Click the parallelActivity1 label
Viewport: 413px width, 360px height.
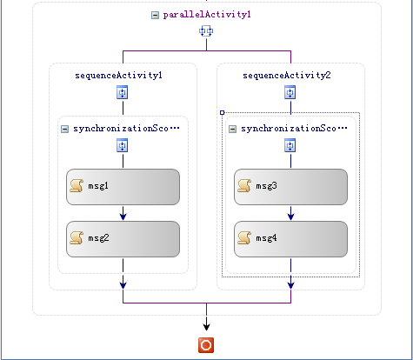click(207, 15)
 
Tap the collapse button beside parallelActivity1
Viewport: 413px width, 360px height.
click(155, 15)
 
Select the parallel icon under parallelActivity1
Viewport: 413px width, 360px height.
click(206, 30)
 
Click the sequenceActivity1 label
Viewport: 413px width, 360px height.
click(118, 76)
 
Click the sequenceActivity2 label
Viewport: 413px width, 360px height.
click(287, 76)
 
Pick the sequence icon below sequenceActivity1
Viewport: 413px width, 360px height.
click(123, 92)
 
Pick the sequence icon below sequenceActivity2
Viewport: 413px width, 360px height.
click(290, 92)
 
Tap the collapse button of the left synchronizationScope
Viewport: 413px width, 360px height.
click(64, 129)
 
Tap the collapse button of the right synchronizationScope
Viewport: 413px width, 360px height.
click(232, 129)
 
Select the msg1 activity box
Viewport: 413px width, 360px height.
click(123, 187)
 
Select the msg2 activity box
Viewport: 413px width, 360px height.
click(123, 239)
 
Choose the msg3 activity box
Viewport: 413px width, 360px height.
click(290, 187)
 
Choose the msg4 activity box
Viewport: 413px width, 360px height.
click(290, 239)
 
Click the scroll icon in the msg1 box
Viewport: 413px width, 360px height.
click(77, 185)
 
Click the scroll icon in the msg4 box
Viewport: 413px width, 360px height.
click(244, 237)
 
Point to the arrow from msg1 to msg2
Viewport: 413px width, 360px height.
click(123, 213)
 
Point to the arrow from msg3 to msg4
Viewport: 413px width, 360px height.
click(290, 213)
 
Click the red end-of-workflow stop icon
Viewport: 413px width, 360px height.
click(206, 345)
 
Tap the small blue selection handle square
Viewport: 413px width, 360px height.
click(223, 112)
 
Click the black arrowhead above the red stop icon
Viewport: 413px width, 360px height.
click(206, 327)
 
